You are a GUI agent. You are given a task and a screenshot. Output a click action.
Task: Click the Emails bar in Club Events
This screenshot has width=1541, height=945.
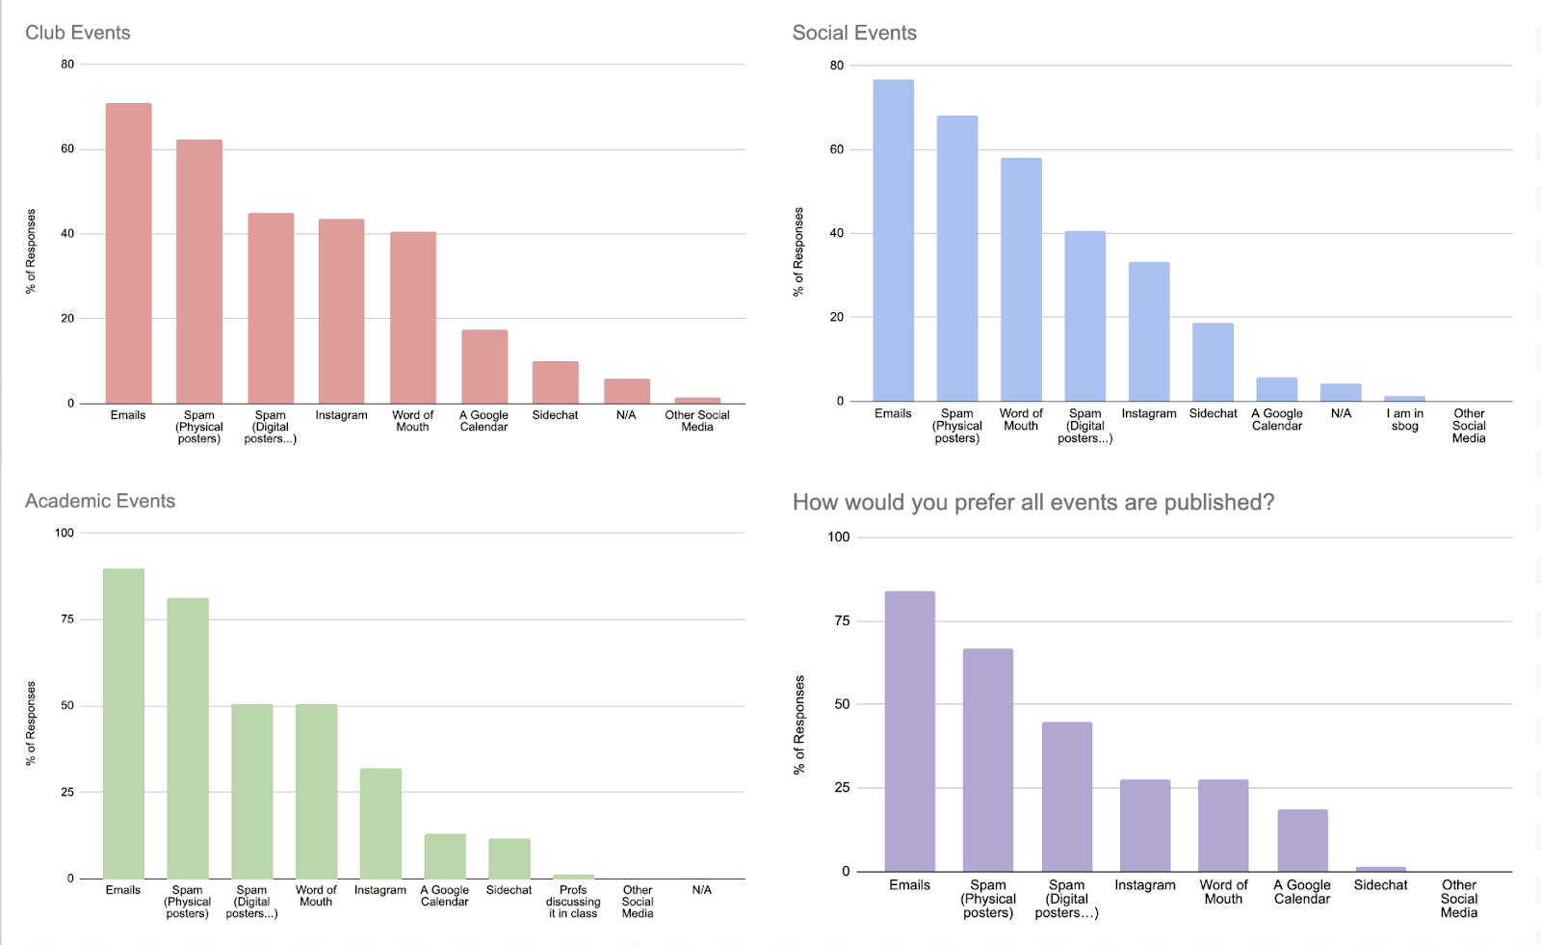(x=128, y=253)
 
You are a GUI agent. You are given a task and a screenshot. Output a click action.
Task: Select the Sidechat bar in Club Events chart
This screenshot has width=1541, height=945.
(x=555, y=382)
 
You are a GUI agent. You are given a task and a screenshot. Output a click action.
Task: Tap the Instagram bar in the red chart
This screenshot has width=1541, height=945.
(x=341, y=311)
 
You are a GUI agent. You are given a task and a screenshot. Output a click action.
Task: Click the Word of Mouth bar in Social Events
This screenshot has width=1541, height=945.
(x=1021, y=279)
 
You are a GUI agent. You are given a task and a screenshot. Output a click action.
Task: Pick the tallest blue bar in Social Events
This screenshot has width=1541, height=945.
(x=893, y=241)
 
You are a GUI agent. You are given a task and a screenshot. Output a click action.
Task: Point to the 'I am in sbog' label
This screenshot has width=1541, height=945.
(x=1404, y=420)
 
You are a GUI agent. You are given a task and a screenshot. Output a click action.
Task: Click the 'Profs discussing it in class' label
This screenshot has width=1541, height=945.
(x=573, y=902)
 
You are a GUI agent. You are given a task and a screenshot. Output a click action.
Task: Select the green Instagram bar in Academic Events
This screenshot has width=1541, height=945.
(x=380, y=824)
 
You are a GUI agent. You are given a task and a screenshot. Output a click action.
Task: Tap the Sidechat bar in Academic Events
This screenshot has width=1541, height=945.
(x=509, y=858)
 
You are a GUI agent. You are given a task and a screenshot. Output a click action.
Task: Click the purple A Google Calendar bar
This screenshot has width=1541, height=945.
(x=1302, y=840)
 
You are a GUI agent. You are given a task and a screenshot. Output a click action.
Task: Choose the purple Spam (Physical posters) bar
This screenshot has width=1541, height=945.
(x=987, y=760)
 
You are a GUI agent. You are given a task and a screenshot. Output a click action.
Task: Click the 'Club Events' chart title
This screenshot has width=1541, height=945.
(x=78, y=33)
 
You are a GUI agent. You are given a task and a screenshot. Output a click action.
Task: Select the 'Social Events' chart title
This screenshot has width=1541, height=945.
(x=854, y=33)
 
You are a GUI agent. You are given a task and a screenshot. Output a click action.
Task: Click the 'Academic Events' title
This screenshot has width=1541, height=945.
(x=100, y=501)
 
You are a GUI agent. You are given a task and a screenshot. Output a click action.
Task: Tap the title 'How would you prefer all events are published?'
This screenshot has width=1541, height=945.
(x=1032, y=502)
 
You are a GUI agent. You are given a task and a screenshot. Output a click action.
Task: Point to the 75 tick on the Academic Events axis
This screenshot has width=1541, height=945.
(x=66, y=619)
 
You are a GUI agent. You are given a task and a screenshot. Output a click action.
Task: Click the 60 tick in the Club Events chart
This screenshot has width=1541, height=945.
(x=66, y=149)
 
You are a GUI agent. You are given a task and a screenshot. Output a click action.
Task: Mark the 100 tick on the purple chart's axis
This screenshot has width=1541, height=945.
(x=838, y=538)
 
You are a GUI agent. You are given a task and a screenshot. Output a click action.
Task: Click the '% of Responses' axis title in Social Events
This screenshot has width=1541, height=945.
(x=797, y=252)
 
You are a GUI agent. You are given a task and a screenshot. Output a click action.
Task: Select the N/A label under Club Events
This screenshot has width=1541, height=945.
(x=626, y=415)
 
